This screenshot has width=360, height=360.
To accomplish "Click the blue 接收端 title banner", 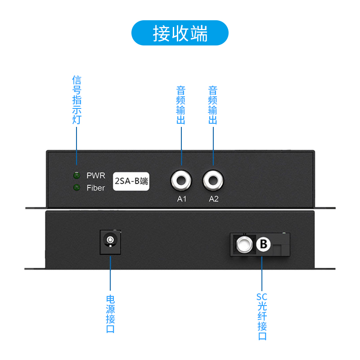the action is (180, 33).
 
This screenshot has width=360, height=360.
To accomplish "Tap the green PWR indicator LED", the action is (76, 175).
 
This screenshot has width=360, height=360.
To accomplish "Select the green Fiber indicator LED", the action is (76, 187).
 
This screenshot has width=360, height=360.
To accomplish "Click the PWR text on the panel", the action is (95, 175).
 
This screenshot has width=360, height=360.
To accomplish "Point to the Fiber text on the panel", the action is (95, 188).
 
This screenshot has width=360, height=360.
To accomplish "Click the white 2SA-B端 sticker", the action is (131, 181).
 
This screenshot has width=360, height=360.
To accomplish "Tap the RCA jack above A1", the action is (181, 181).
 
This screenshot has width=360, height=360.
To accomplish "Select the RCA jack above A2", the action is (213, 181).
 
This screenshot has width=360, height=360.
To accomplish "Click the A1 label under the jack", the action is (181, 199).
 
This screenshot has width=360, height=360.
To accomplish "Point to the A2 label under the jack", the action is (213, 199).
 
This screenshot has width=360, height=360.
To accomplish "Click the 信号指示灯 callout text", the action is (76, 100).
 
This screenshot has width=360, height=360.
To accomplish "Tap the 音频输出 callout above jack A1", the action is (181, 105).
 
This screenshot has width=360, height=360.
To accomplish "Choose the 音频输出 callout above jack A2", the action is (213, 105).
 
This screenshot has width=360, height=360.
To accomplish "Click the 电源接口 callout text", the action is (110, 314).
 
